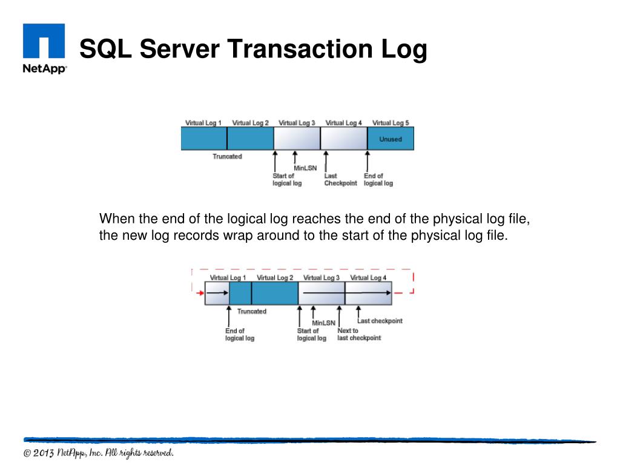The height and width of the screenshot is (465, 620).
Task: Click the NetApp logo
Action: click(x=44, y=48)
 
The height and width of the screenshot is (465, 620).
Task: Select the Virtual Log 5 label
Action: click(x=390, y=123)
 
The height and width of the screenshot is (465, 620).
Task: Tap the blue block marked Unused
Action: click(x=391, y=139)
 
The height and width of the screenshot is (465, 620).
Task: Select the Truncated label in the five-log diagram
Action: click(x=227, y=157)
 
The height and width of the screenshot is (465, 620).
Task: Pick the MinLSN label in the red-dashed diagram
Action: click(x=323, y=323)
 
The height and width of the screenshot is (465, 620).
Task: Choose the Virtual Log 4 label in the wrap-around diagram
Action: click(x=368, y=278)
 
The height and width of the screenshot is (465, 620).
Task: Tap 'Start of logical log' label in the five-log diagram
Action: click(x=286, y=180)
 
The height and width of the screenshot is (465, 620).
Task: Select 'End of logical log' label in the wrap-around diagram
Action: click(x=239, y=334)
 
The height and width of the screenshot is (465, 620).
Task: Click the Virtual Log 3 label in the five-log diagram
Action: click(x=297, y=123)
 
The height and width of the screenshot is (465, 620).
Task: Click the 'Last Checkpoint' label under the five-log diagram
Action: click(x=340, y=180)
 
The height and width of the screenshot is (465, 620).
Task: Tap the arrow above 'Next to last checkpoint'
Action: click(x=340, y=315)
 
